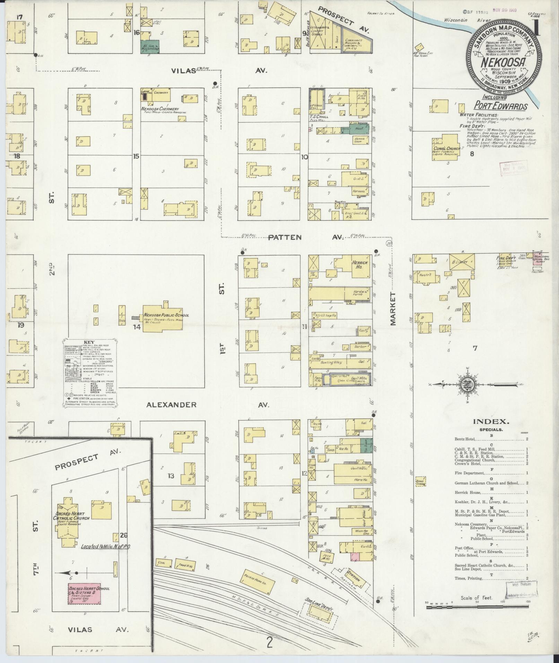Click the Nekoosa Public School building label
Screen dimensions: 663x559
pyautogui.click(x=166, y=315)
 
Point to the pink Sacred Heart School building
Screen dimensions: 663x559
pyautogui.click(x=85, y=594)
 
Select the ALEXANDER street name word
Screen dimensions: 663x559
pyautogui.click(x=171, y=404)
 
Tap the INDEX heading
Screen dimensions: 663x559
pyautogui.click(x=491, y=422)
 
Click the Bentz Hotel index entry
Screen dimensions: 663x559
pyautogui.click(x=464, y=439)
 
